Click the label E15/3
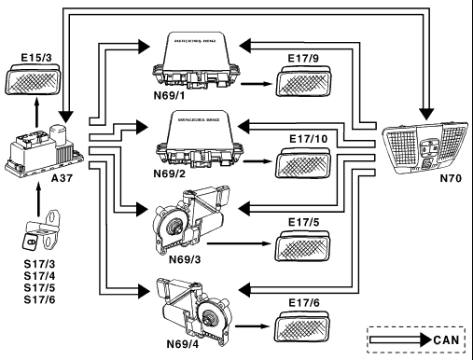tap(36, 58)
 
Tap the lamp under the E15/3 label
tap(33, 79)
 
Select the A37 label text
tap(62, 178)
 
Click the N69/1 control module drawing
tap(197, 61)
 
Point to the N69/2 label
tap(169, 173)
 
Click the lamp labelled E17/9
tap(303, 81)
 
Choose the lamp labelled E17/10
tap(303, 161)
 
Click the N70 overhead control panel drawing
tap(424, 147)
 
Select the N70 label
tap(451, 178)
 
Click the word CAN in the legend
tap(446, 339)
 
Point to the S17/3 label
tap(39, 264)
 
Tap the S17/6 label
tap(39, 299)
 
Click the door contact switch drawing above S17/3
tap(41, 229)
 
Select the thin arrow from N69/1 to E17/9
tap(257, 84)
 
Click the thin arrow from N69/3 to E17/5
tap(239, 243)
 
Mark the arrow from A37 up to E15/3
tap(37, 113)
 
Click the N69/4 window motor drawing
tap(195, 312)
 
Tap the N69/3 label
tap(185, 259)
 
